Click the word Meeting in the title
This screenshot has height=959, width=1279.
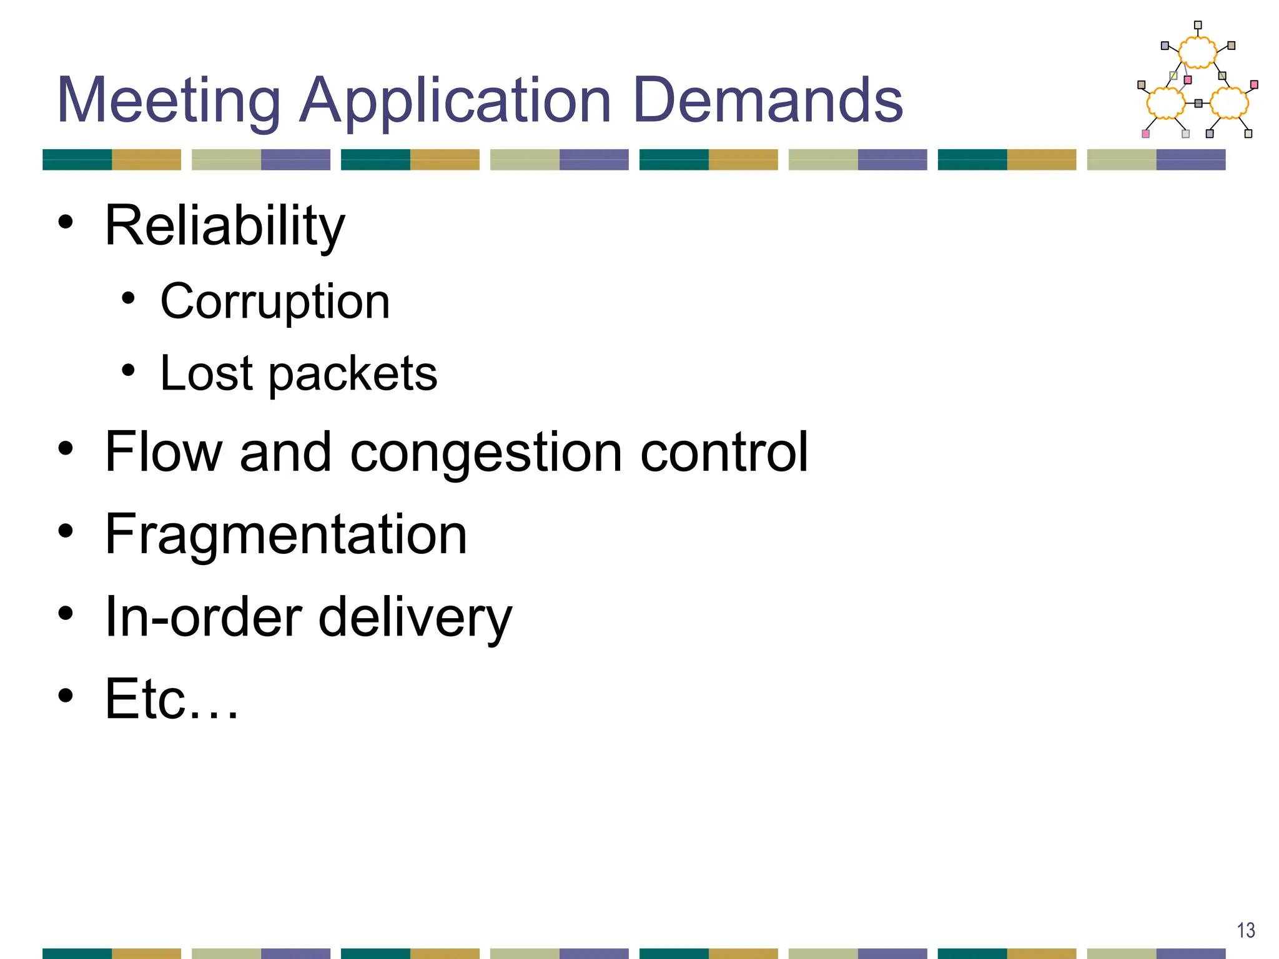[x=169, y=101]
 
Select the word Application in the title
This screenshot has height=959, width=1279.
[x=455, y=101]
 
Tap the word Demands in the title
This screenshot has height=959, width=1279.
[x=768, y=101]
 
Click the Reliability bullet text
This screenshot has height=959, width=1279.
[x=224, y=226]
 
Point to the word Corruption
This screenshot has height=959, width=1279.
[x=275, y=302]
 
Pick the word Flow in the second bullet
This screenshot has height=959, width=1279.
[x=164, y=452]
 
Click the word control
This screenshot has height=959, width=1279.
[x=724, y=452]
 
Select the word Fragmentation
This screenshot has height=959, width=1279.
[x=286, y=534]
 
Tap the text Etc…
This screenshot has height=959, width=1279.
[x=171, y=699]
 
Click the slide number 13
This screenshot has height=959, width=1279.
[x=1245, y=930]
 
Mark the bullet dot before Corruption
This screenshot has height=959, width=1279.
[x=128, y=298]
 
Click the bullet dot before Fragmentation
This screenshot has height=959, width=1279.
[x=66, y=531]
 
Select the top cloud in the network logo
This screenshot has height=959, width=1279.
[x=1197, y=52]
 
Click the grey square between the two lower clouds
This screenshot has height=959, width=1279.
[x=1198, y=103]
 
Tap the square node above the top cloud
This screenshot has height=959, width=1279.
[x=1198, y=26]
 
